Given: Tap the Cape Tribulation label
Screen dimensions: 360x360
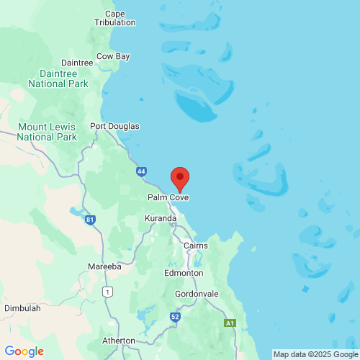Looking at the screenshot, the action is click(115, 18).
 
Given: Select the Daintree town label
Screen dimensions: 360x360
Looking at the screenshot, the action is click(77, 63).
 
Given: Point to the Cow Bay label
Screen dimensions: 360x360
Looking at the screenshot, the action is click(113, 55).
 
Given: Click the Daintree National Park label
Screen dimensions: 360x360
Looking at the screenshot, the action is click(58, 79).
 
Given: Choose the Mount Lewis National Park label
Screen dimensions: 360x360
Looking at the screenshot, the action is click(47, 132).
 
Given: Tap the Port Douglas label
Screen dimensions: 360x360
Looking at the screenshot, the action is click(114, 126).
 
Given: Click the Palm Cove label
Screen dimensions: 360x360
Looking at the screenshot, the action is click(168, 197).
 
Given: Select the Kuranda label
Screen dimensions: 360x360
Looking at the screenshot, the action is click(161, 218).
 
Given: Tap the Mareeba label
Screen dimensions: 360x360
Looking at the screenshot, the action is click(104, 266).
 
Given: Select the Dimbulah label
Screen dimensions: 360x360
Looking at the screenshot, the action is click(22, 307).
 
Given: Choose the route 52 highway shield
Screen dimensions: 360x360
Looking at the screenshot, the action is click(175, 316).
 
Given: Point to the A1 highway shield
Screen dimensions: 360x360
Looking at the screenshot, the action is click(230, 323).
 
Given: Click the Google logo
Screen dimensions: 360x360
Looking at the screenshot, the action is click(24, 351).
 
